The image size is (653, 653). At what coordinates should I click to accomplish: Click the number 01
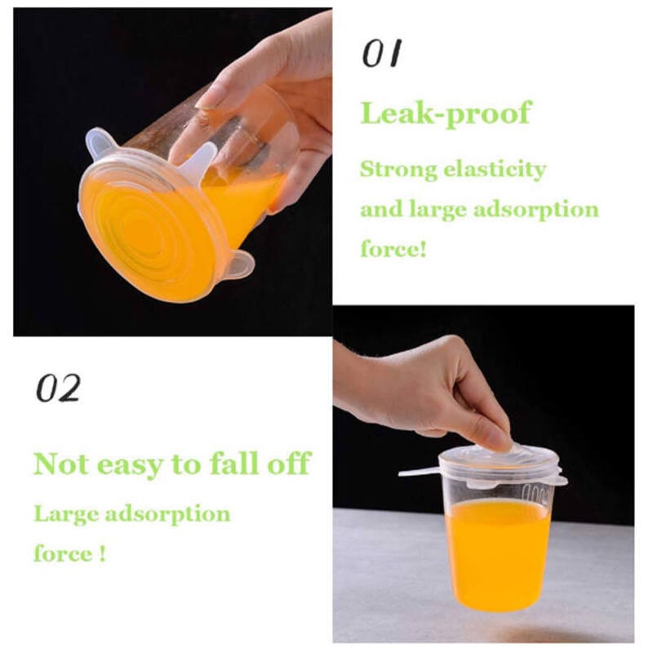[x=382, y=53]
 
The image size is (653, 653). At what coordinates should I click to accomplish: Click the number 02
[x=58, y=388]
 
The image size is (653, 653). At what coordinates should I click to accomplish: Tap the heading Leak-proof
[x=446, y=113]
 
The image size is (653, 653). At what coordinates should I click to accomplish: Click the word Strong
[x=398, y=171]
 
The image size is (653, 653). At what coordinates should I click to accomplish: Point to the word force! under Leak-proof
[x=393, y=248]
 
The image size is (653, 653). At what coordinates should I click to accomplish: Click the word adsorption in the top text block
[x=536, y=210]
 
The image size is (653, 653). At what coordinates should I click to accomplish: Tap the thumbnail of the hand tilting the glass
[x=173, y=171]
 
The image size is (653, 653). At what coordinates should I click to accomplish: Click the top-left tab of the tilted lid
[x=99, y=142]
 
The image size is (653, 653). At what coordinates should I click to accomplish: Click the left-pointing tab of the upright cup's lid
[x=419, y=473]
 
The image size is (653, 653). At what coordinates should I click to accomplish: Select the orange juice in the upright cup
[x=498, y=555]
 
